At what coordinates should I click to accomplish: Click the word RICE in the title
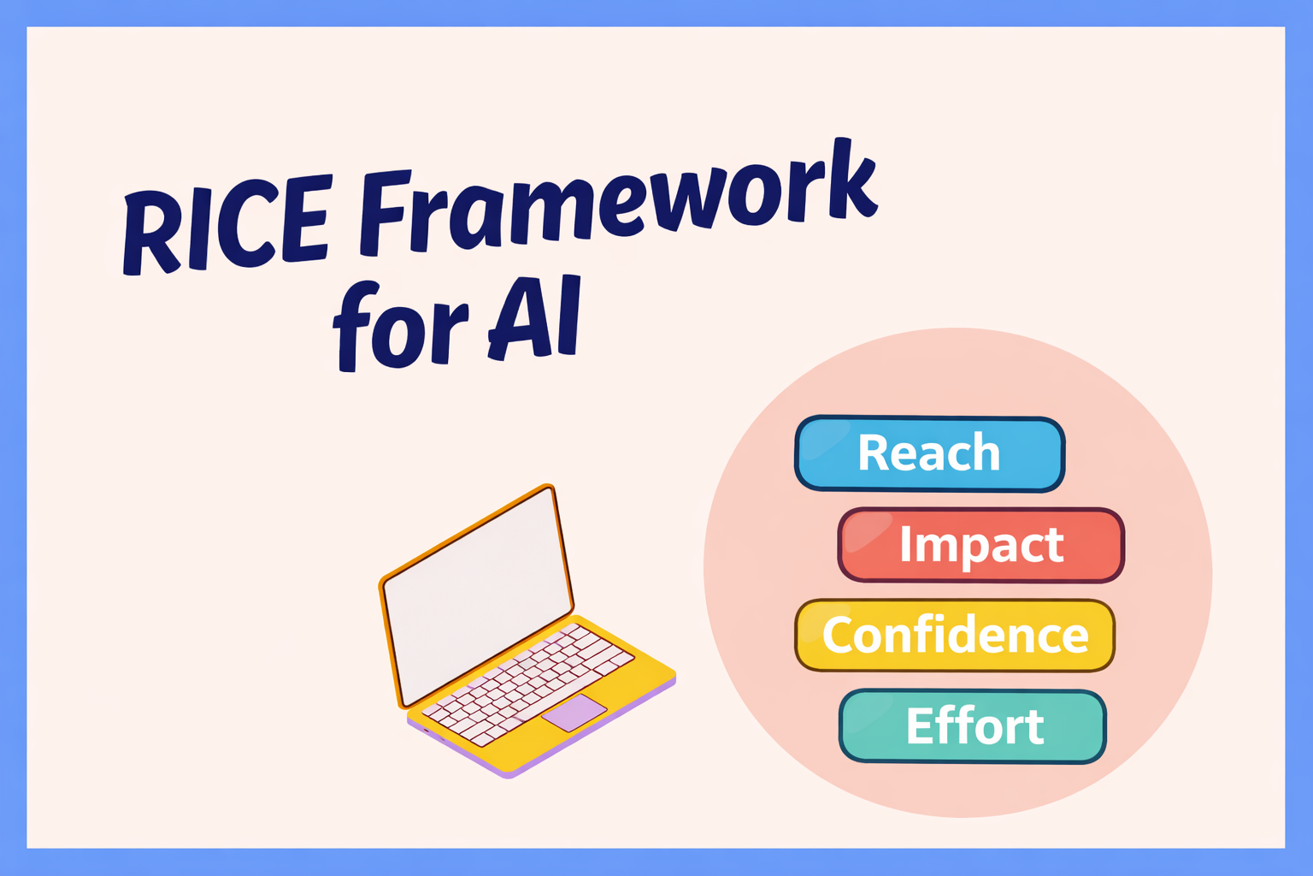[226, 223]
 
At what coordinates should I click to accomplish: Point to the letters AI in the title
[535, 318]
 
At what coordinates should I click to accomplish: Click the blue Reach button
[929, 453]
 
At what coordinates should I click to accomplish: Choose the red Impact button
[980, 545]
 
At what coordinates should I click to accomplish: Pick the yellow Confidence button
[955, 636]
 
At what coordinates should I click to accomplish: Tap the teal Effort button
[973, 726]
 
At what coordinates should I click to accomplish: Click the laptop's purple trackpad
[574, 713]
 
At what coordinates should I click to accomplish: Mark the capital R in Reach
[874, 453]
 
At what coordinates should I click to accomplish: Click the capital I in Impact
[906, 543]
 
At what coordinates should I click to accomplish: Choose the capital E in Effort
[921, 726]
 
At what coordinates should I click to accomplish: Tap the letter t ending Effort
[1032, 726]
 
